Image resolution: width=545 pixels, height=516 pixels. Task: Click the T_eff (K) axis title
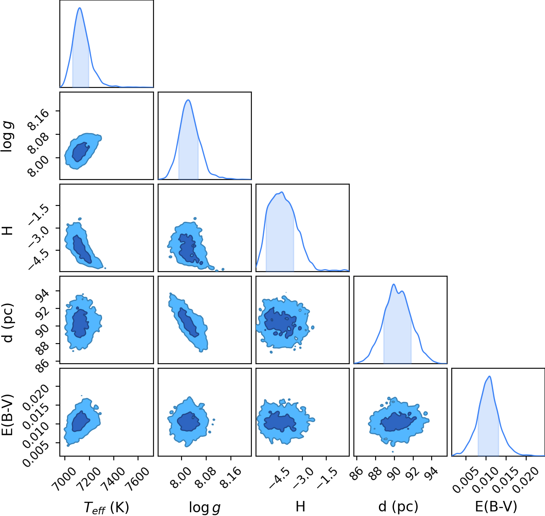[107, 507]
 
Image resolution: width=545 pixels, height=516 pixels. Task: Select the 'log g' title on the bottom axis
[205, 508]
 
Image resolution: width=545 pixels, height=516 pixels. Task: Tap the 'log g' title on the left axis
[8, 136]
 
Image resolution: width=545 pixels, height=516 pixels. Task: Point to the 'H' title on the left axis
[8, 230]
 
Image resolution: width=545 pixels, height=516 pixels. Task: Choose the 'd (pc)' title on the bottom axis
[398, 507]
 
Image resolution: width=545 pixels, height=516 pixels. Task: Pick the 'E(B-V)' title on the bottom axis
[496, 507]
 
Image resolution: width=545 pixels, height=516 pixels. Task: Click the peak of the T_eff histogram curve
[79, 8]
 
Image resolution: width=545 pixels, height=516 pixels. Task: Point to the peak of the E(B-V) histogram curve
[489, 377]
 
